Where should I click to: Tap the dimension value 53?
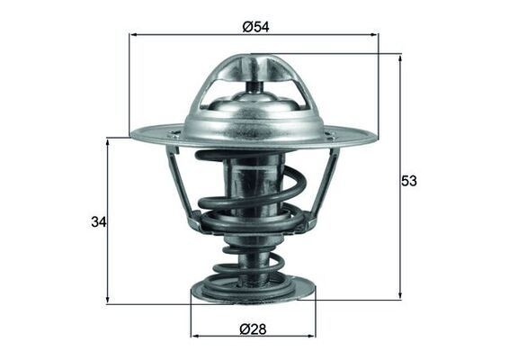click(409, 181)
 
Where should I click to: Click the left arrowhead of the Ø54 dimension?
click(134, 35)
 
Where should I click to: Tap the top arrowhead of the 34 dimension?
click(108, 142)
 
